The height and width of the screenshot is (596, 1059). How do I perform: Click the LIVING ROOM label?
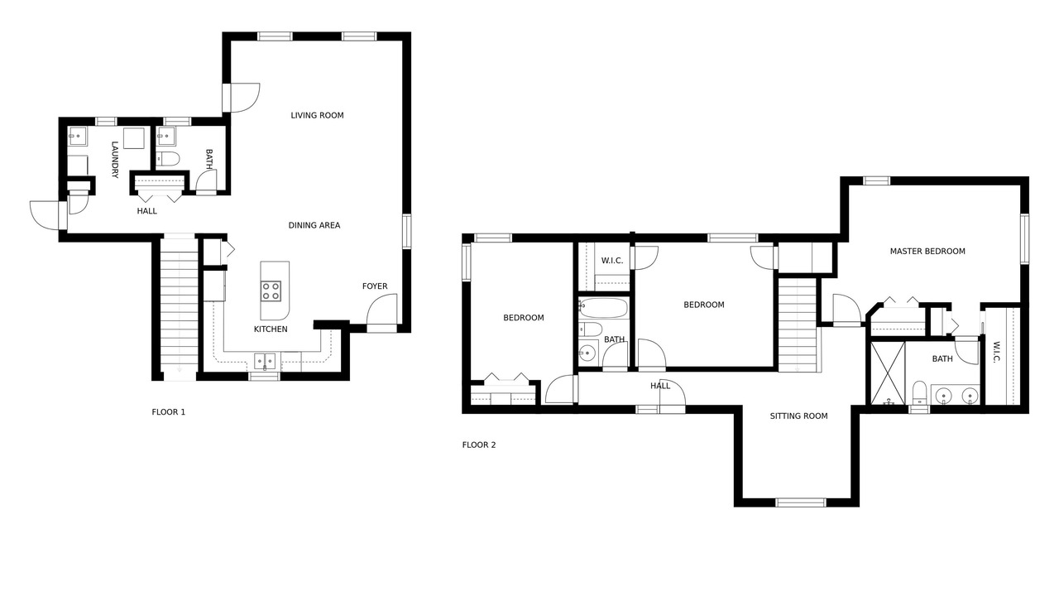317,115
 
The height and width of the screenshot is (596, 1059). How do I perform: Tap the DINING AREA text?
314,225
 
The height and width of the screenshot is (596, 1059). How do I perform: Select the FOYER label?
375,286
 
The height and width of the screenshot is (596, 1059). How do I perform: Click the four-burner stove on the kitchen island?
271,291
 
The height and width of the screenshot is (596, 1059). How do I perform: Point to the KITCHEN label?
271,329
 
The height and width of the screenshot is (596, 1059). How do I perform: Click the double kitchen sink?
265,361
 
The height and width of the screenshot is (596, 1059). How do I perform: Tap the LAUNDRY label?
114,160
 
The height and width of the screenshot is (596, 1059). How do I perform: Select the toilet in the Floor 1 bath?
168,158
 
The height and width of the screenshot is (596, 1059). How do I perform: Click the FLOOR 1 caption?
168,412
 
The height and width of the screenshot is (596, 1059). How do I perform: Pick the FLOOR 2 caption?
479,445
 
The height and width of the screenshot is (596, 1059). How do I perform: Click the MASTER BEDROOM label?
927,251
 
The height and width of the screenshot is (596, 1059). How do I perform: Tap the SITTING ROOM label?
799,416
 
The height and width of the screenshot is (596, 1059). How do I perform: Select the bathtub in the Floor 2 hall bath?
604,308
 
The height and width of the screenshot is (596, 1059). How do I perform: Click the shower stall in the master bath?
888,372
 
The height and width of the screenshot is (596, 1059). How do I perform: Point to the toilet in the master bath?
919,392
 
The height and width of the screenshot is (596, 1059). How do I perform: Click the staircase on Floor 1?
180,306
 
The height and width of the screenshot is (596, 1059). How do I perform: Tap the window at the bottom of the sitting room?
801,502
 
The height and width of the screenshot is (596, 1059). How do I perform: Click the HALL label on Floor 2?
660,386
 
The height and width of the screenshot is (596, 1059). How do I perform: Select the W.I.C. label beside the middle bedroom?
612,261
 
